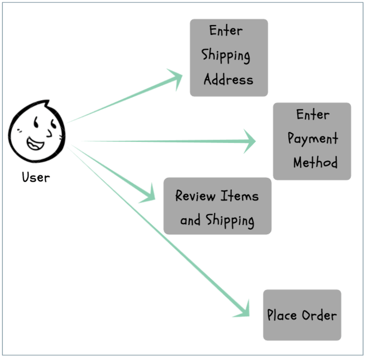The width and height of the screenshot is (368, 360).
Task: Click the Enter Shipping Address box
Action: coord(229,57)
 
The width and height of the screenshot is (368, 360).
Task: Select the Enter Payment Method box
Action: coord(312,141)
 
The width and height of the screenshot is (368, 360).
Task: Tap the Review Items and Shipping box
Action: coord(217,206)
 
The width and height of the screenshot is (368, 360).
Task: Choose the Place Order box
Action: coord(302,315)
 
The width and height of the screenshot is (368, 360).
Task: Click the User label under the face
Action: coord(36,177)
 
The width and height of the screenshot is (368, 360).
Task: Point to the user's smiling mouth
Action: coord(35,143)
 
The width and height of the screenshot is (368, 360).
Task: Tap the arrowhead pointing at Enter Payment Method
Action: coord(249,141)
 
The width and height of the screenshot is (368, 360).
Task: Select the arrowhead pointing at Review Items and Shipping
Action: coord(148,194)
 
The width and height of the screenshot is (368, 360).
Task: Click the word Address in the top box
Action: coord(228,79)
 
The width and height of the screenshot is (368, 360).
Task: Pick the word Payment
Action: coord(313,138)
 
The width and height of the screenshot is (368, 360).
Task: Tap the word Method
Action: coord(315,162)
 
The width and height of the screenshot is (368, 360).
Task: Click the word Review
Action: coord(195,195)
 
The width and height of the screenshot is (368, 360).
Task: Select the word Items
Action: coord(239,195)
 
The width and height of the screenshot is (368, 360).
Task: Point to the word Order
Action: coord(319,315)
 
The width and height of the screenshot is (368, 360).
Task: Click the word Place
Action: coord(282,315)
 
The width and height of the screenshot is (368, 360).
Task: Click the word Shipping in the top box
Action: coord(226,56)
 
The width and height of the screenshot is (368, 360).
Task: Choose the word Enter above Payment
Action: coord(313,114)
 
